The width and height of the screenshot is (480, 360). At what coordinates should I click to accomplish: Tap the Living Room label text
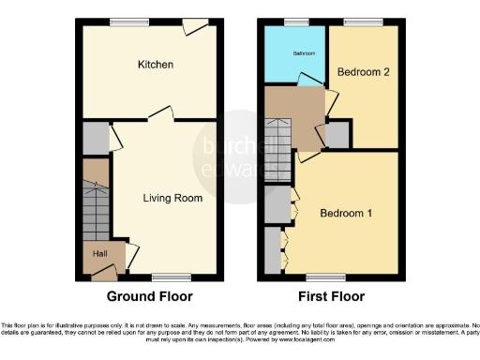click(x=172, y=198)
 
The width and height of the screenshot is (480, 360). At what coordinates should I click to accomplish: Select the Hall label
click(x=98, y=253)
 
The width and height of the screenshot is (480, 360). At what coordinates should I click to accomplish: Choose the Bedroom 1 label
click(x=346, y=214)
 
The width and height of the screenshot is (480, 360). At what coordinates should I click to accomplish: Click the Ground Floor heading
click(x=149, y=296)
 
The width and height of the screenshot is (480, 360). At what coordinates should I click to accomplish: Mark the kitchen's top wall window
click(x=123, y=22)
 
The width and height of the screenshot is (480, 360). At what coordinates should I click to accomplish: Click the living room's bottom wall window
click(x=169, y=277)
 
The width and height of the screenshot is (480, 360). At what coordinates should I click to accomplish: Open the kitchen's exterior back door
click(x=196, y=26)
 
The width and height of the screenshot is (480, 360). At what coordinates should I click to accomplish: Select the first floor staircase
click(x=278, y=137)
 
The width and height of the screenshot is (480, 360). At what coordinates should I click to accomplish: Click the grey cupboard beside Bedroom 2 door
click(x=338, y=135)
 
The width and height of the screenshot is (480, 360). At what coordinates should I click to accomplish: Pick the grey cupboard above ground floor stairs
click(x=95, y=139)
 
